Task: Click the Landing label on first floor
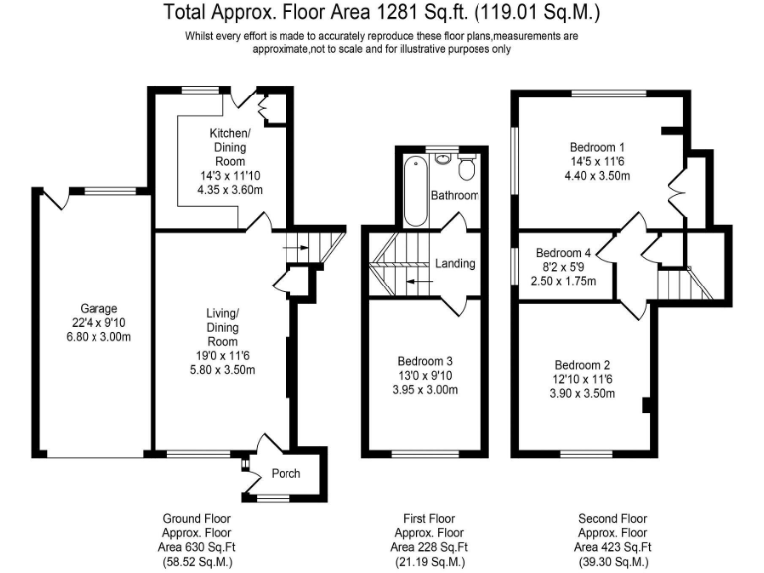[455, 264]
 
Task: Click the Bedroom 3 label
[426, 360]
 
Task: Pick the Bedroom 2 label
[582, 364]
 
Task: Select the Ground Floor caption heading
[197, 519]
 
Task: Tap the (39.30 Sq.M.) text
[615, 562]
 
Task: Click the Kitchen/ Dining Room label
[231, 147]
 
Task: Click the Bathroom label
[455, 196]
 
